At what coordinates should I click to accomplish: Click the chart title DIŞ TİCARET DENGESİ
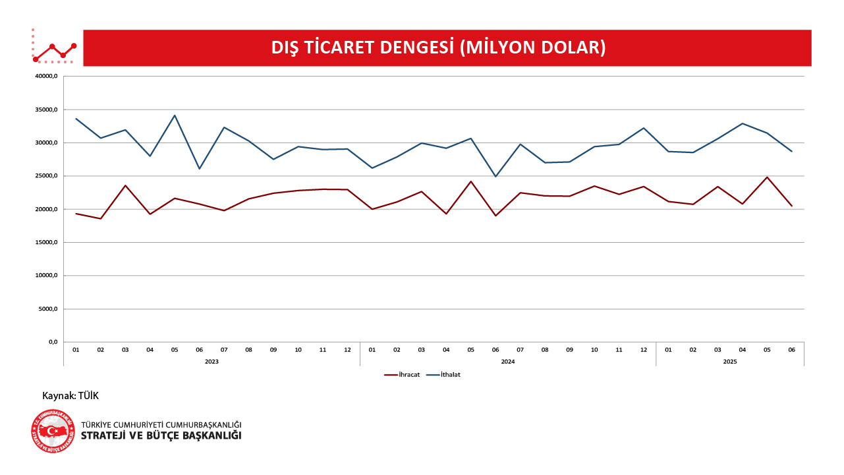(x=438, y=47)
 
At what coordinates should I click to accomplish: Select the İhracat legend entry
(x=403, y=375)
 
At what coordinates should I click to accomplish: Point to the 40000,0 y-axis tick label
(x=47, y=77)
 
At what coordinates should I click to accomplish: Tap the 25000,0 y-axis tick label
(x=47, y=176)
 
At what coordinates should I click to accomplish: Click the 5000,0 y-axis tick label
(x=48, y=309)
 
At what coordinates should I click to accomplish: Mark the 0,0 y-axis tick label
(x=52, y=342)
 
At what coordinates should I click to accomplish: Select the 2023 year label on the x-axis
(x=211, y=362)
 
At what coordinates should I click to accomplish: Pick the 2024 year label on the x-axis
(x=508, y=362)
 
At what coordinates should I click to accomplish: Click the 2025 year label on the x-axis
(x=730, y=362)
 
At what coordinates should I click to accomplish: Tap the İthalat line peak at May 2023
(x=175, y=115)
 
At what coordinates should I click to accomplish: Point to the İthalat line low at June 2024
(x=495, y=176)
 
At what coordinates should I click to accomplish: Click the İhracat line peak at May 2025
(x=767, y=177)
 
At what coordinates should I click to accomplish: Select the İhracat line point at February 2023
(x=101, y=218)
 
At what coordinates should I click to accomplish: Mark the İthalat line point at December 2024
(x=644, y=128)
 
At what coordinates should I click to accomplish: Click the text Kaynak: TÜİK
(x=70, y=396)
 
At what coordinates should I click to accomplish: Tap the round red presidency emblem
(x=53, y=431)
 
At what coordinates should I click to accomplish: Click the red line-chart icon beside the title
(x=55, y=47)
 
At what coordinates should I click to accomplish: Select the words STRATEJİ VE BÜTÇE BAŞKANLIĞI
(x=161, y=436)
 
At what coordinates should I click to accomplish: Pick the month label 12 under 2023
(x=347, y=350)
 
